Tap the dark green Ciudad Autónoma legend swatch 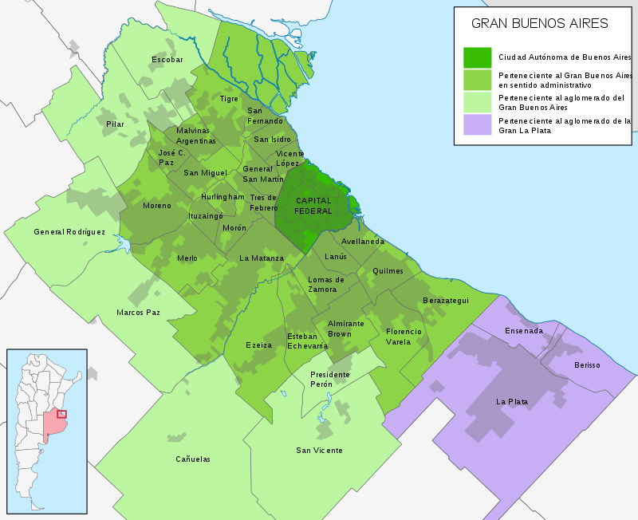point(477,57)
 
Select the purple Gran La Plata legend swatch point(477,124)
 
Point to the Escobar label point(167,60)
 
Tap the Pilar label point(116,124)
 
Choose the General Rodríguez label point(69,232)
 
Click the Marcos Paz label point(138,313)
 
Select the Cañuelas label point(193,459)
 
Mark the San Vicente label point(319,451)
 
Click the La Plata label point(511,401)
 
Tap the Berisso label point(587,365)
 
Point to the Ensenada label point(524,331)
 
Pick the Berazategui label point(446,301)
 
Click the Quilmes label point(388,271)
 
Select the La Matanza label point(262,258)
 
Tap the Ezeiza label point(259,345)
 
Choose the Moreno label point(156,206)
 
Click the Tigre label point(229,99)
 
